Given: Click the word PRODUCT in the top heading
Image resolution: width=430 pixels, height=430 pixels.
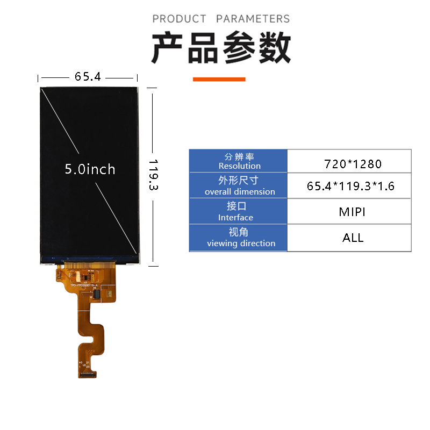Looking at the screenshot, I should click(179, 19).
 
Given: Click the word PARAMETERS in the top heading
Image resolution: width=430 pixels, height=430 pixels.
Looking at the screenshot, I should click(253, 19).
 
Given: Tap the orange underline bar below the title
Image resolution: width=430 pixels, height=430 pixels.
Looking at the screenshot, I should click(219, 79).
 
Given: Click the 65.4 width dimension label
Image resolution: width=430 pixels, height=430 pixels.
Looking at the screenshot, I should click(88, 77).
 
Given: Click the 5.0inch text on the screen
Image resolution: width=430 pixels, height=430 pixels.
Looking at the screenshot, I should click(90, 169).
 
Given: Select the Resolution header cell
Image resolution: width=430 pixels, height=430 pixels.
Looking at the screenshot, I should click(239, 161).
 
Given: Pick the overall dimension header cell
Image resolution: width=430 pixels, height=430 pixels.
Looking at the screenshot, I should click(239, 186).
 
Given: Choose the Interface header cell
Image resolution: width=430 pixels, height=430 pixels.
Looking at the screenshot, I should click(239, 212).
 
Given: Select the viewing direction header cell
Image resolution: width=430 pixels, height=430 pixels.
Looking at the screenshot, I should click(239, 238).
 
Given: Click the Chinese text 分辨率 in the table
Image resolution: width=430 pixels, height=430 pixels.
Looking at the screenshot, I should click(239, 156).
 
